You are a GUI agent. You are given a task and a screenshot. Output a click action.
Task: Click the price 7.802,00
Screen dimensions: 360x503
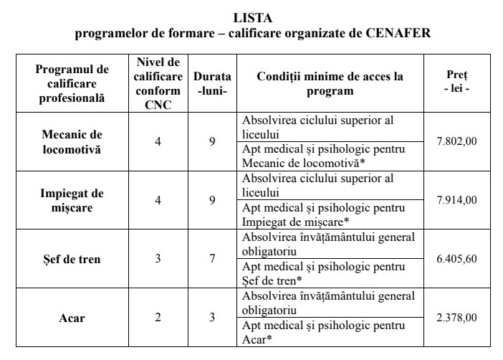(x=456, y=141)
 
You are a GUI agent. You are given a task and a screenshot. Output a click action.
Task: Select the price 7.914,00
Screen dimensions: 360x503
(x=456, y=200)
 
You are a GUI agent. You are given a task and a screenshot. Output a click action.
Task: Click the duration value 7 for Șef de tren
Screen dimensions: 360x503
(x=212, y=259)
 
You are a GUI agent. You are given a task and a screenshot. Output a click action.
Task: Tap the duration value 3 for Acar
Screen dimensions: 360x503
(x=212, y=318)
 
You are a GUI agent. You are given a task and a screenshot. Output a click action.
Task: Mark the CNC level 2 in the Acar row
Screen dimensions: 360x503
(x=158, y=318)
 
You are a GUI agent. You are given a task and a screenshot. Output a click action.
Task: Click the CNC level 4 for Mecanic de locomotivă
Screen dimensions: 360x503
(x=158, y=141)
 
